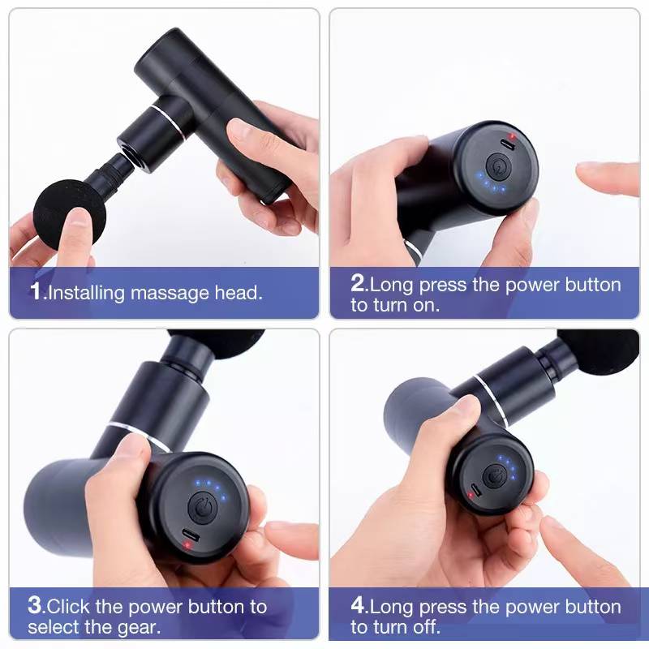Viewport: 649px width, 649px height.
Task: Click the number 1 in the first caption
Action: [x=35, y=291]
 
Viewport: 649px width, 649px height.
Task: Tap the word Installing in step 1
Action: [x=86, y=293]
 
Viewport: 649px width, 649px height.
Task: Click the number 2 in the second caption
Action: [x=359, y=284]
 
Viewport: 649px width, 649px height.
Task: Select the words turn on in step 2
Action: [x=406, y=306]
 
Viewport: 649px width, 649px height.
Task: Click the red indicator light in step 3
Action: [x=188, y=545]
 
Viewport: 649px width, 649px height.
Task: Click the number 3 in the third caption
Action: [x=35, y=605]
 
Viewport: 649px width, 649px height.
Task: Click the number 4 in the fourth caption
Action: [x=359, y=605]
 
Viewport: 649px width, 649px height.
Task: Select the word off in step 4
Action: [x=425, y=626]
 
